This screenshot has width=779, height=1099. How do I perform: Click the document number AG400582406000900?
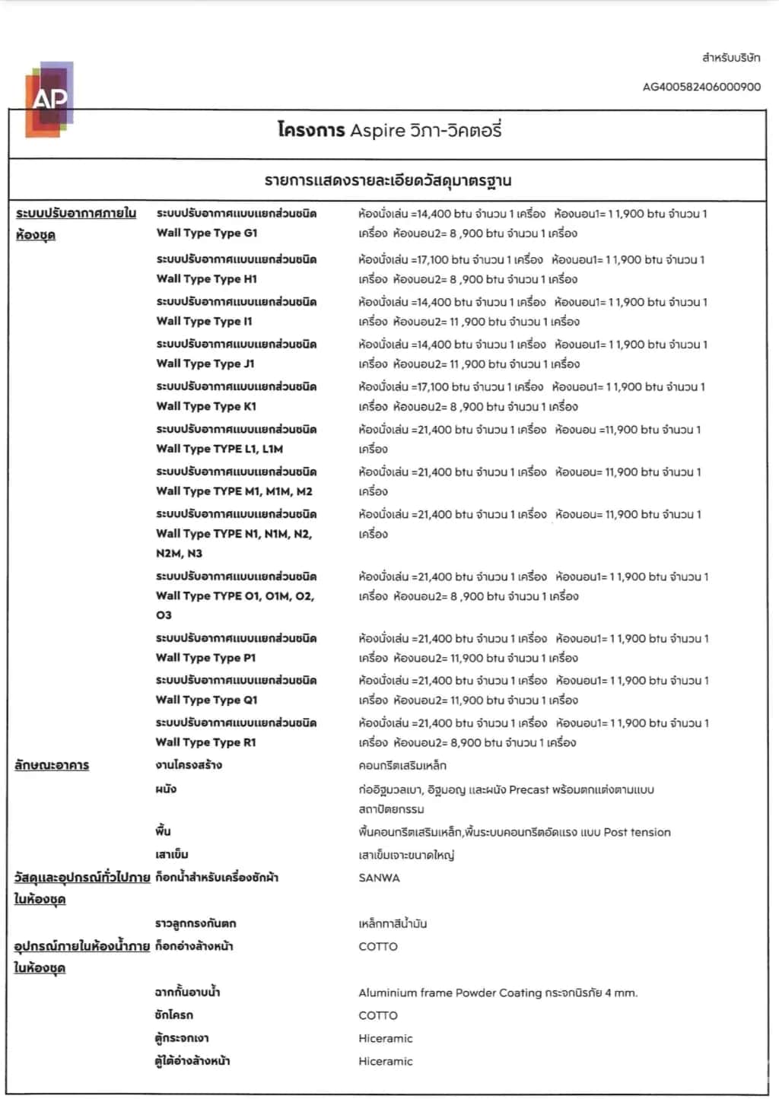click(x=701, y=87)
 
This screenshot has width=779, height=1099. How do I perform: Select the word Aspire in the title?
click(x=377, y=131)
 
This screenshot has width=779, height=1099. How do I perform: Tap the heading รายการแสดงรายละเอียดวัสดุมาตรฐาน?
click(x=388, y=181)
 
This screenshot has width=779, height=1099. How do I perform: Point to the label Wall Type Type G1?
click(x=207, y=233)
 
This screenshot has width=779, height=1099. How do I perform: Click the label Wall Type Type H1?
click(x=207, y=278)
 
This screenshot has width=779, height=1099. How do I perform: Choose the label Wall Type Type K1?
click(x=206, y=406)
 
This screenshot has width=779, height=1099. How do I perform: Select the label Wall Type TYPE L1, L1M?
click(x=219, y=449)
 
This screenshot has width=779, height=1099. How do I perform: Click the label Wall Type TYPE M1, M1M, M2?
click(x=234, y=491)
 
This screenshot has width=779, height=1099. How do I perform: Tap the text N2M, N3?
click(x=180, y=553)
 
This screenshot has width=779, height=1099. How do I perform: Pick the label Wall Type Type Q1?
click(x=206, y=700)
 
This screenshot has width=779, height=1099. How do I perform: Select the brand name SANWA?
click(x=379, y=878)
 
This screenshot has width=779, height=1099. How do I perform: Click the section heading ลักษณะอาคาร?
click(x=52, y=765)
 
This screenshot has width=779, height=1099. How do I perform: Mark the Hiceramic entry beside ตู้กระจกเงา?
click(x=386, y=1038)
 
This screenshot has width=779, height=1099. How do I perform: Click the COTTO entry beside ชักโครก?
click(x=378, y=1015)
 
